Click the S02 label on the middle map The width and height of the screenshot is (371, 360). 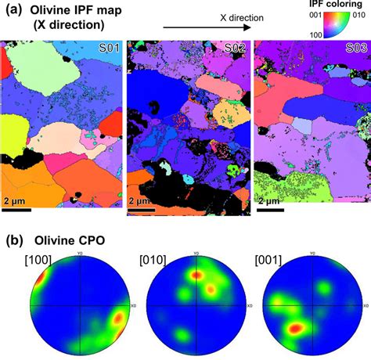[x=233, y=49]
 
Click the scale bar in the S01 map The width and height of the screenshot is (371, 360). [x=16, y=209]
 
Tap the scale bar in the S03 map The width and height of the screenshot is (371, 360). [x=269, y=209]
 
